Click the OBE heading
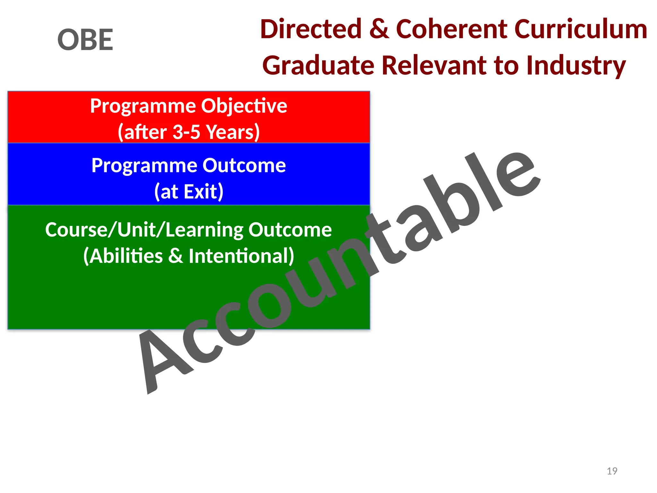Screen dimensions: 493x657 click(85, 40)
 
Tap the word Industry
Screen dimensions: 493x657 click(576, 66)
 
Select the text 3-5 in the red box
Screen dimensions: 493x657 click(186, 132)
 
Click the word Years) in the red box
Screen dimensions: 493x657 click(233, 132)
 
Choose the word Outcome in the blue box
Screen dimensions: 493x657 click(244, 166)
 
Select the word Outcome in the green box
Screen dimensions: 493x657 click(290, 230)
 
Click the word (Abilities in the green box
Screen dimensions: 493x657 click(123, 256)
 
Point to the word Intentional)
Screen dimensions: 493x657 click(241, 256)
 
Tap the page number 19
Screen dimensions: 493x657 click(612, 471)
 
